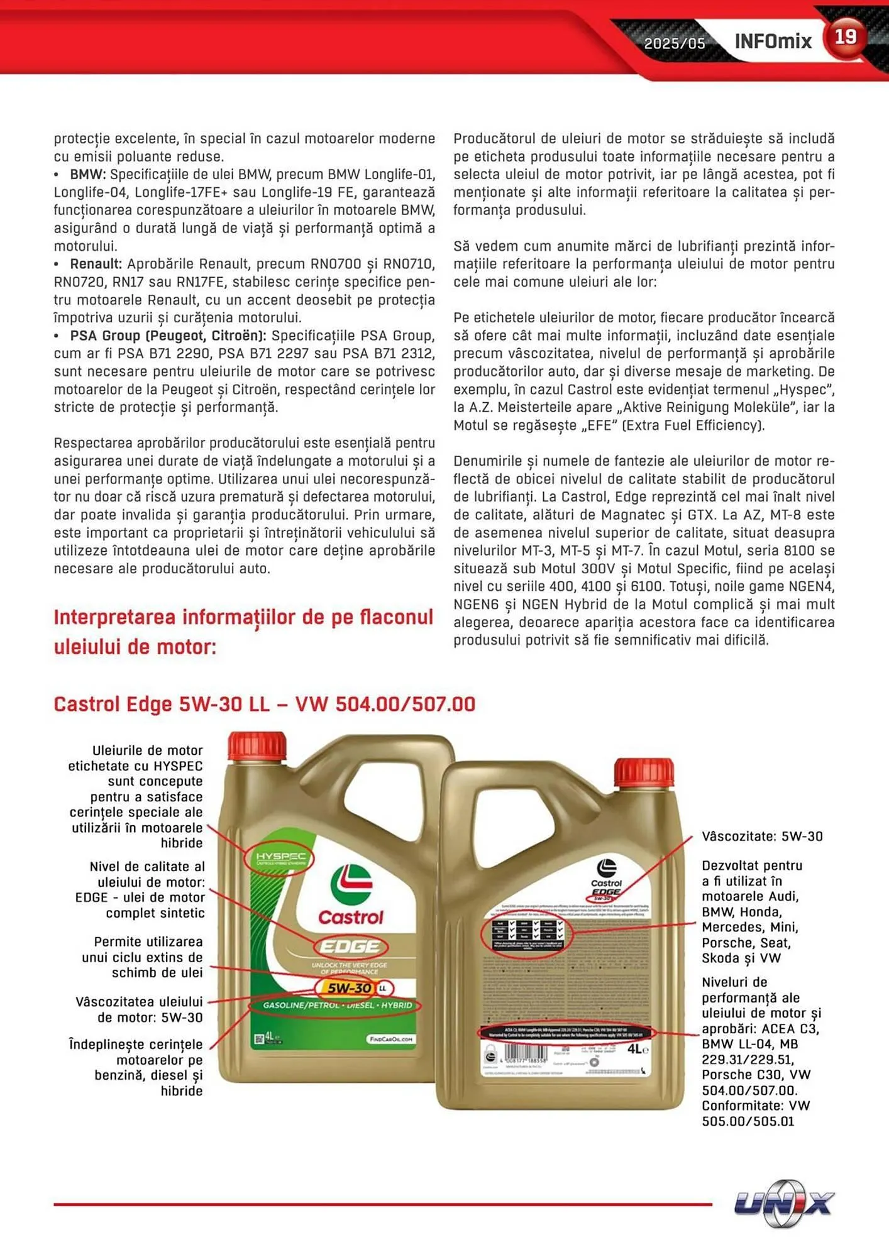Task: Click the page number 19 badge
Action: tap(844, 37)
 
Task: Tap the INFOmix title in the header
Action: tap(773, 41)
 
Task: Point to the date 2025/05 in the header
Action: tap(675, 43)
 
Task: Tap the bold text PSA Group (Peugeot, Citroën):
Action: tap(168, 336)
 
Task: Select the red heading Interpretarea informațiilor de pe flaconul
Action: tap(243, 617)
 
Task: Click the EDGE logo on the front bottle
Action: tap(350, 947)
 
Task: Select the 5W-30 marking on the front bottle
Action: tap(350, 988)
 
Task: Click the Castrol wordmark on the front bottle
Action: tap(350, 918)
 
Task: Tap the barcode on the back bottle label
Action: tap(527, 1052)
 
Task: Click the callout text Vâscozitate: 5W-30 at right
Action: tap(762, 837)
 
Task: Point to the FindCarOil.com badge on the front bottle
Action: tap(390, 1039)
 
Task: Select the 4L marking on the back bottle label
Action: tap(637, 1049)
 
